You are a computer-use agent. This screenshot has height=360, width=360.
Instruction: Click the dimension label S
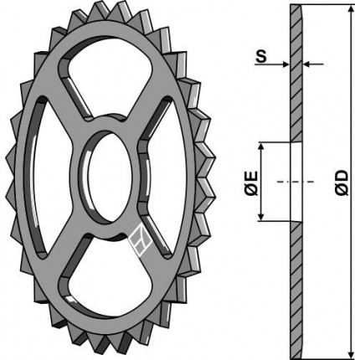[x=261, y=56]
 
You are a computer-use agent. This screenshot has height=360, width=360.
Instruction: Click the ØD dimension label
[x=342, y=182]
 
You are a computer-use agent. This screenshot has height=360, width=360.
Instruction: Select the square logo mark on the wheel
[x=141, y=240]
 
